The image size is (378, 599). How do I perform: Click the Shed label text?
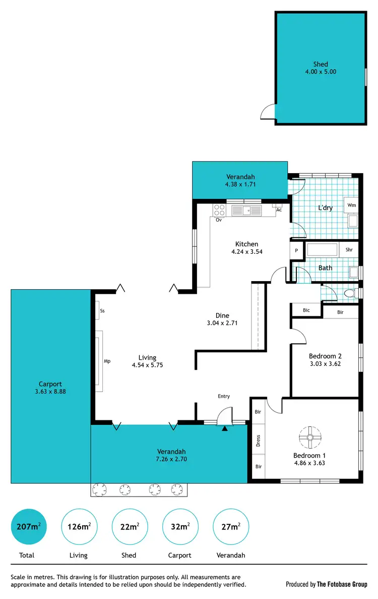tap(321, 64)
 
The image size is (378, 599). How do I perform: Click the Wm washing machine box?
tap(351, 205)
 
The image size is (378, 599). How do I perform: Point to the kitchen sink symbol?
tap(246, 210)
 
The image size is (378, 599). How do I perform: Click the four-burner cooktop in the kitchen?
tap(219, 210)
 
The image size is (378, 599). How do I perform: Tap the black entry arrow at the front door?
tap(225, 428)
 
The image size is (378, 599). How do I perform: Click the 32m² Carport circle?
tap(179, 527)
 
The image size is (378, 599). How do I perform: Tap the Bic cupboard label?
tap(306, 310)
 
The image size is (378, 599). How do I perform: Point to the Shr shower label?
tap(349, 250)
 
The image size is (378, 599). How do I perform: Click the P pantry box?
tap(296, 250)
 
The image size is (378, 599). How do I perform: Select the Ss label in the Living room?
tap(102, 311)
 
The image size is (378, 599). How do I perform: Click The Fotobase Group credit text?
tap(342, 584)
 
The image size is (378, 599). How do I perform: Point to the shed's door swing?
tap(268, 112)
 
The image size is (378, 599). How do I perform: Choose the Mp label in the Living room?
tap(107, 361)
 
